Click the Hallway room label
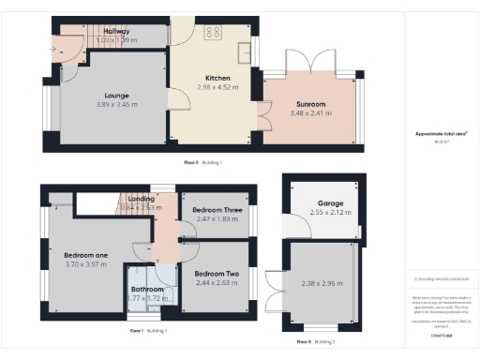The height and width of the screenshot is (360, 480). (117, 32)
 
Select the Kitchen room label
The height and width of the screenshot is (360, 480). (217, 78)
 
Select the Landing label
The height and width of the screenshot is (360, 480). (142, 198)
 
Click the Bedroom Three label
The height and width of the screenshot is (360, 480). (217, 209)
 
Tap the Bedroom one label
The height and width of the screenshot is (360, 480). (85, 254)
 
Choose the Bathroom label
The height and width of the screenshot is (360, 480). (148, 290)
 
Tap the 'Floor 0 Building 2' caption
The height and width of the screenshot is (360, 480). (315, 342)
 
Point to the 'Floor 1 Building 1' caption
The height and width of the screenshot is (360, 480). (149, 331)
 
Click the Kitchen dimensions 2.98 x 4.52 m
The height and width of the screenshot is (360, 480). (217, 86)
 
